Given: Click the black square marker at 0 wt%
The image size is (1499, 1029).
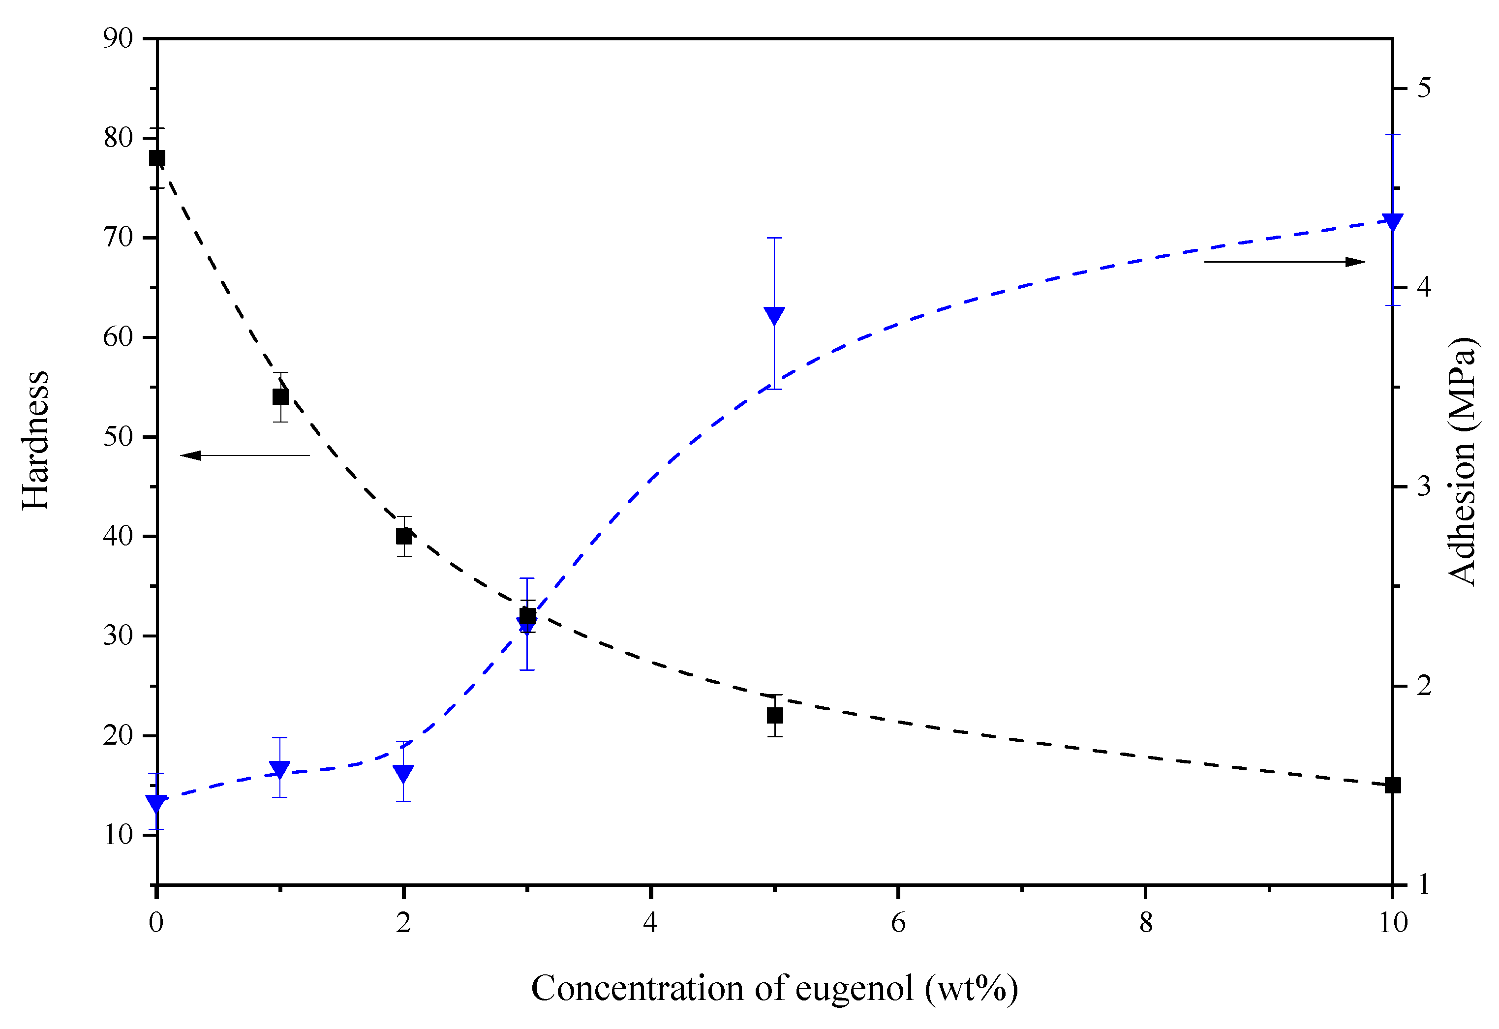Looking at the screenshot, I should [157, 158].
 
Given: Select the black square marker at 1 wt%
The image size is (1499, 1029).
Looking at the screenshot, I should [280, 397].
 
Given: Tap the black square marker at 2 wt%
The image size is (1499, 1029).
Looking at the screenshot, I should [404, 537].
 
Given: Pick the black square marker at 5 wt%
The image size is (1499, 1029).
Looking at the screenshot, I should [775, 716].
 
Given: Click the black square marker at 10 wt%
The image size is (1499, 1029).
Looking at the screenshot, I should [1393, 786].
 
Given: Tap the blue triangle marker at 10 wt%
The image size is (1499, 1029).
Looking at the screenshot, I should [1393, 222].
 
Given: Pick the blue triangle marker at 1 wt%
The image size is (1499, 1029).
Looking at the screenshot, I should [279, 769].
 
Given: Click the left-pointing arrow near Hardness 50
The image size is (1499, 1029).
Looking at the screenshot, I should [245, 456].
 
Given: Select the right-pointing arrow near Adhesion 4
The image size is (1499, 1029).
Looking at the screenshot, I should [1284, 262].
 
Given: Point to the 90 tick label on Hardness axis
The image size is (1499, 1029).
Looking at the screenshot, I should [118, 39].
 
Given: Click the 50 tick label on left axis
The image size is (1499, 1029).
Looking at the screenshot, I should [118, 437].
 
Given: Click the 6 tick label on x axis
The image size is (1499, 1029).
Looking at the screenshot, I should [898, 923].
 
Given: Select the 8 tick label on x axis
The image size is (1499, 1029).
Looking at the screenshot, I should [1146, 923].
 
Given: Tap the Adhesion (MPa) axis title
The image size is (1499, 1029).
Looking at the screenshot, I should [1462, 460].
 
